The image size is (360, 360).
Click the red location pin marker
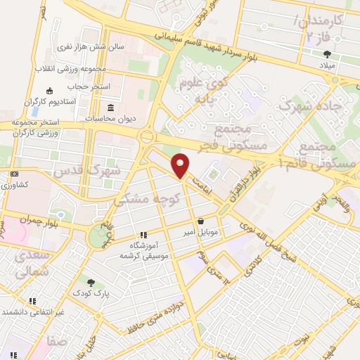(181, 165)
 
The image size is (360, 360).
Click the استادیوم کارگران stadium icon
(49, 91)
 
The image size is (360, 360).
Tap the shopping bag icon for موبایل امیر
(202, 220)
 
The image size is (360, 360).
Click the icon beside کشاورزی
(14, 174)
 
